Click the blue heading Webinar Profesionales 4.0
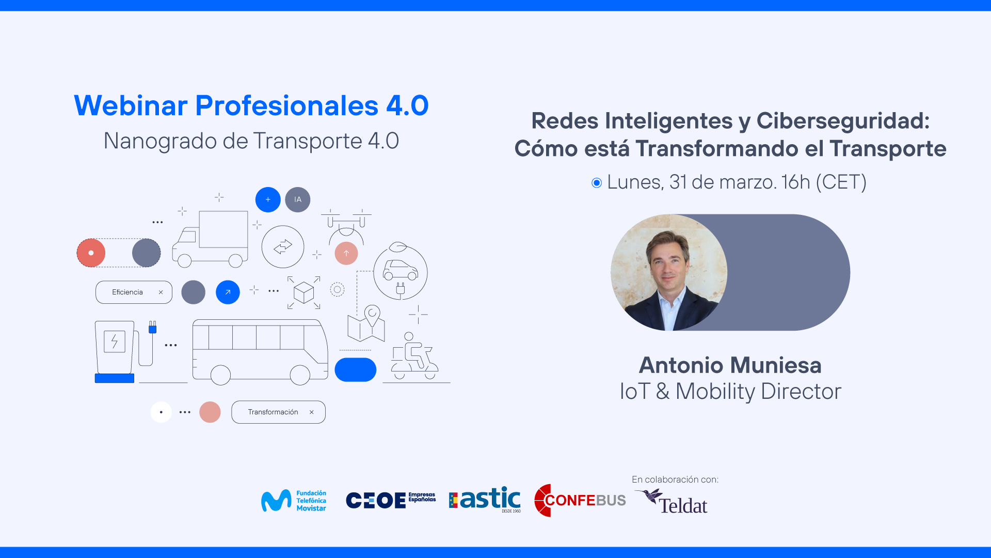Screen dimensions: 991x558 click(251, 105)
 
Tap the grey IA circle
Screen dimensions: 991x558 click(298, 199)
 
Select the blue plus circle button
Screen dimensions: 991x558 click(268, 199)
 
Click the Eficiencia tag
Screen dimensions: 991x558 click(134, 292)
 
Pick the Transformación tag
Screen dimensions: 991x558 click(278, 412)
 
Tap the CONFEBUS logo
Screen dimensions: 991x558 click(580, 500)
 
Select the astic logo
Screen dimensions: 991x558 click(485, 500)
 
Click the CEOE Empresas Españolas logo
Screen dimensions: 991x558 click(391, 500)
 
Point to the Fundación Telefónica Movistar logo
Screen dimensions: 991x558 click(294, 501)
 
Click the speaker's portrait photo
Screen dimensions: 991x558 click(669, 272)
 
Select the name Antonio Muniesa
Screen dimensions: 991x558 click(730, 365)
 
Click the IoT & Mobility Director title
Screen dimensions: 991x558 click(730, 392)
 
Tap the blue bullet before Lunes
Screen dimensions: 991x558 click(597, 183)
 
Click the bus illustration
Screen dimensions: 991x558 click(260, 352)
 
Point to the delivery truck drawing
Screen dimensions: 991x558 click(210, 239)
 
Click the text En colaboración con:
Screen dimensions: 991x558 click(675, 479)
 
